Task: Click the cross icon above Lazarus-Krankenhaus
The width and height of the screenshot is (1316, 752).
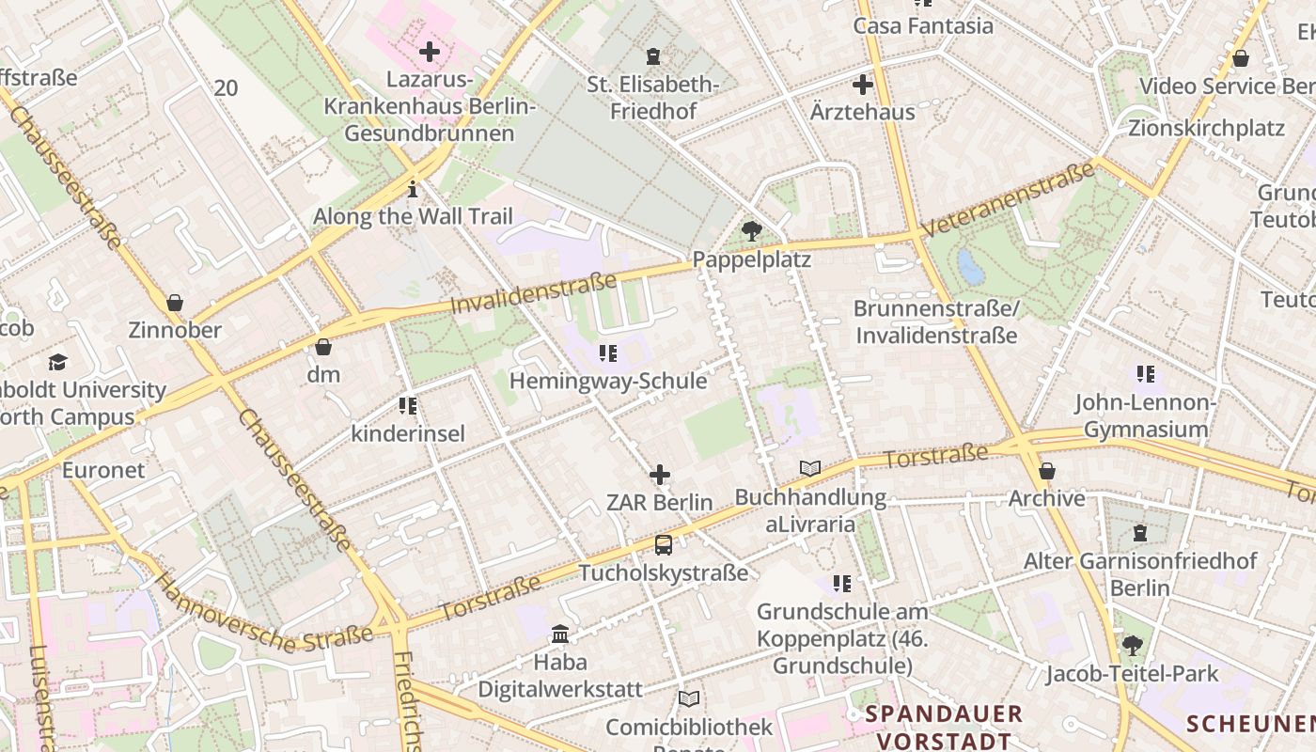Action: pyautogui.click(x=430, y=52)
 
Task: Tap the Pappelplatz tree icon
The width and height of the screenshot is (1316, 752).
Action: pyautogui.click(x=751, y=230)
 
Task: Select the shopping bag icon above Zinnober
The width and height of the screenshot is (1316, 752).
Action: pyautogui.click(x=174, y=303)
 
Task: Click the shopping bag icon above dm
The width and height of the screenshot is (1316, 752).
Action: pyautogui.click(x=323, y=347)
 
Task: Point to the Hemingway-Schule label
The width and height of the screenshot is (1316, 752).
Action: pyautogui.click(x=607, y=381)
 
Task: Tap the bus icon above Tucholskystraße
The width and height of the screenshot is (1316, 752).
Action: pyautogui.click(x=663, y=545)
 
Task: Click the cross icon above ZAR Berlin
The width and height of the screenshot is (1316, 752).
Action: pyautogui.click(x=660, y=475)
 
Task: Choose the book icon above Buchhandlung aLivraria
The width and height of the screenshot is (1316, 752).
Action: pyautogui.click(x=810, y=468)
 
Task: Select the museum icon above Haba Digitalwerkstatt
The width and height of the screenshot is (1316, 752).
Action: pyautogui.click(x=560, y=634)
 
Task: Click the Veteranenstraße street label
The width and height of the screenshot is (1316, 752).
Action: pyautogui.click(x=1008, y=199)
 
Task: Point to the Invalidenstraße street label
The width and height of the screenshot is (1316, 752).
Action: pyautogui.click(x=533, y=293)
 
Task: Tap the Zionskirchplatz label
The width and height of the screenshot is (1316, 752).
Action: pyautogui.click(x=1206, y=128)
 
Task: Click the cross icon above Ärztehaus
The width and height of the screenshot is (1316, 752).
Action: pyautogui.click(x=862, y=86)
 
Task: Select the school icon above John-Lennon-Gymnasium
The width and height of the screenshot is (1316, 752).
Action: pyautogui.click(x=1145, y=374)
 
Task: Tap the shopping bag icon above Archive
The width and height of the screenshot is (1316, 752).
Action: pyautogui.click(x=1046, y=471)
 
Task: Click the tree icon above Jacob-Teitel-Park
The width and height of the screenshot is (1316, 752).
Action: pyautogui.click(x=1133, y=646)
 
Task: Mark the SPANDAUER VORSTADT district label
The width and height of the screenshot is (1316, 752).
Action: pyautogui.click(x=944, y=727)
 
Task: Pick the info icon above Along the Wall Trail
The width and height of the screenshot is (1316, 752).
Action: pyautogui.click(x=413, y=190)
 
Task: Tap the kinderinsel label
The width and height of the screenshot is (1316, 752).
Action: pyautogui.click(x=408, y=433)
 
